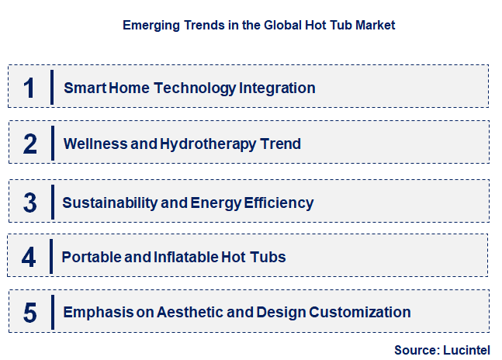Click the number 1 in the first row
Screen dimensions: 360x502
[29, 88]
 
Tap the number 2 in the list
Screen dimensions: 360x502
[29, 144]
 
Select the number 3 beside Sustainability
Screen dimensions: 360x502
[29, 203]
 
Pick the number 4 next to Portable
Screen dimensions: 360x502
[29, 258]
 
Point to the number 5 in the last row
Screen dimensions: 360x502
[29, 313]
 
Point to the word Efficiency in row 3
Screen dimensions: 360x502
[282, 203]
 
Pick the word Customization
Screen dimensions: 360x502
[360, 313]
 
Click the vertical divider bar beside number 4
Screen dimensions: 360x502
[51, 257]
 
